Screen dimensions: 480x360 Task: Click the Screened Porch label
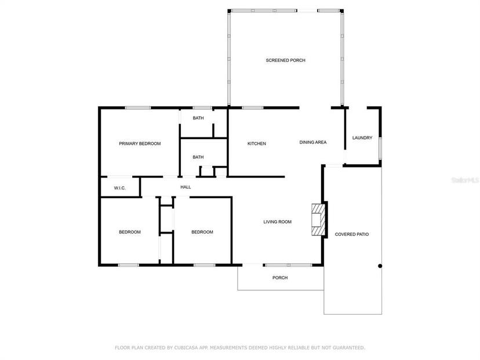tap(285, 60)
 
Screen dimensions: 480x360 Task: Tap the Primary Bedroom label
tap(140, 144)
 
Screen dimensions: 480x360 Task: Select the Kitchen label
tap(257, 144)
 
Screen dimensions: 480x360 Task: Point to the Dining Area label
tap(313, 142)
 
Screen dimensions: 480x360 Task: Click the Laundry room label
tap(362, 138)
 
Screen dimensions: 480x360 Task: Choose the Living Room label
tap(277, 221)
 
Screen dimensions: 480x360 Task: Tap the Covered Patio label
tap(352, 234)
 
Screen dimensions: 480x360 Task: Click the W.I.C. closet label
tap(119, 188)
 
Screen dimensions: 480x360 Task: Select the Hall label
tap(186, 187)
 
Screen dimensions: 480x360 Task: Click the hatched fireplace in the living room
tap(318, 220)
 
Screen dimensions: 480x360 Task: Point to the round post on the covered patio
tap(380, 266)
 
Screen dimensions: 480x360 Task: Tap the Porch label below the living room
tap(280, 278)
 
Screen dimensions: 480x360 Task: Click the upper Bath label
tap(198, 118)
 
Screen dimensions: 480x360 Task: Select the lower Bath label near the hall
tap(198, 157)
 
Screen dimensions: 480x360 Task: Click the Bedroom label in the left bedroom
tap(130, 232)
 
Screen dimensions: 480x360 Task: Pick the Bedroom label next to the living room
tap(202, 232)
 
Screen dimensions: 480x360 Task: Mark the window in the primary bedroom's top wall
tap(138, 108)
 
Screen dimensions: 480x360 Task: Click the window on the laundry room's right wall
tap(380, 148)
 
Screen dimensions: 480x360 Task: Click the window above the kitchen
tap(253, 108)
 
